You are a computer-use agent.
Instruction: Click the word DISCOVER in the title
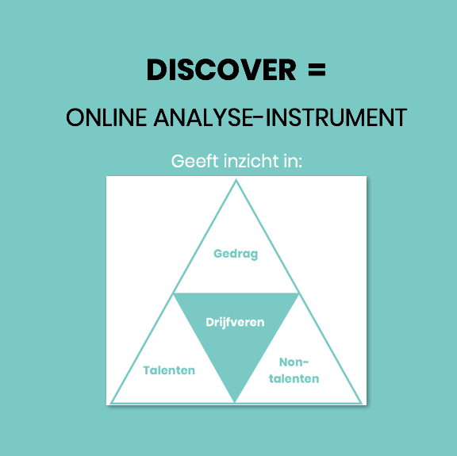[x=221, y=70]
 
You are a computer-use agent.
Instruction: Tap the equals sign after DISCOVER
[x=317, y=70]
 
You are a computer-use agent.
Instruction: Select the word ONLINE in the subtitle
[x=106, y=117]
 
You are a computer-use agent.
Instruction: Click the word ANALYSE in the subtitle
[x=202, y=117]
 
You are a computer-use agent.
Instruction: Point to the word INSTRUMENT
[x=336, y=117]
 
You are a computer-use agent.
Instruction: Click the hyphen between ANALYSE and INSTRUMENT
[x=257, y=117]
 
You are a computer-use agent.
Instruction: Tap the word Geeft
[x=194, y=161]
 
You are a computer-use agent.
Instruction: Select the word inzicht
[x=252, y=161]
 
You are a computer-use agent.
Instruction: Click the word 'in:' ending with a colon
[x=294, y=161]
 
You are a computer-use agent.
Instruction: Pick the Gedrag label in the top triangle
[x=236, y=254]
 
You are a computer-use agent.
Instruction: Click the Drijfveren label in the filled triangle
[x=235, y=323]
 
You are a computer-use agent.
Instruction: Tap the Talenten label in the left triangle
[x=169, y=370]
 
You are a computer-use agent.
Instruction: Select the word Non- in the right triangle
[x=294, y=362]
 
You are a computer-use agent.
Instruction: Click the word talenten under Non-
[x=294, y=379]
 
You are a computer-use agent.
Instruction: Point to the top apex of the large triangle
[x=236, y=180]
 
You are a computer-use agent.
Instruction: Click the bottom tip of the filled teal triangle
[x=235, y=402]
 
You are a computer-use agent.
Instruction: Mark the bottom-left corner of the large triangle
[x=111, y=403]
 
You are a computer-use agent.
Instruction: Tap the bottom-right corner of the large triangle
[x=362, y=403]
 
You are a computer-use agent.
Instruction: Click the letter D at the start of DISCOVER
[x=156, y=70]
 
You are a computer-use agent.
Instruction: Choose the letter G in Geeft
[x=177, y=161]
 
